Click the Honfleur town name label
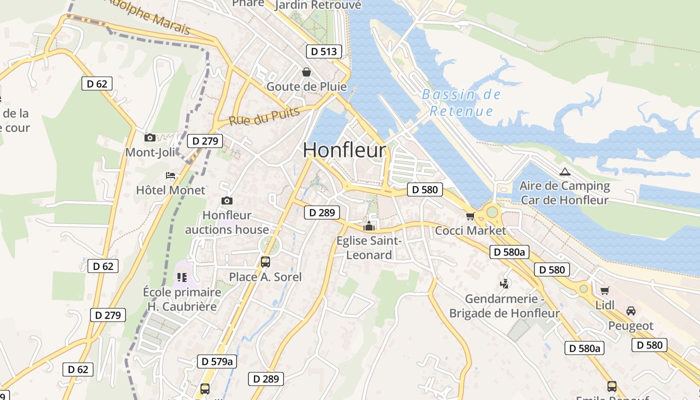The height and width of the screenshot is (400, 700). pos(344,150)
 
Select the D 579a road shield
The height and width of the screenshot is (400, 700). pos(217,361)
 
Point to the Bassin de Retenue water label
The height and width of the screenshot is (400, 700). pos(461,102)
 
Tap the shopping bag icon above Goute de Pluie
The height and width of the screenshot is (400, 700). pos(306,72)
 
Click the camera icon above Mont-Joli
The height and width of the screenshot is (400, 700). pos(149,137)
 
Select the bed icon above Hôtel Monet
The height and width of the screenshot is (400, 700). pos(170,175)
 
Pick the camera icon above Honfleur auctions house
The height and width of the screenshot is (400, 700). pos(227,200)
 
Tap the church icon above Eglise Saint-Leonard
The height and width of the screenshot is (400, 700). pos(369,226)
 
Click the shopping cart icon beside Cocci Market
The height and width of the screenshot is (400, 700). pos(469,216)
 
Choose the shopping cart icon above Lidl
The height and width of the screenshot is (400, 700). pos(604,290)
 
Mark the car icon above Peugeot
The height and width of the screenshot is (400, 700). pos(631,311)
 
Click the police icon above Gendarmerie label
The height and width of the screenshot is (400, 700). pos(504,284)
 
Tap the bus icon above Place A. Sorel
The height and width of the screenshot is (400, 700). pos(265,261)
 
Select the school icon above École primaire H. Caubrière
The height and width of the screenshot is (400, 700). pos(181,277)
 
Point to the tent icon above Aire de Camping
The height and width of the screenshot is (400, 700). pos(564,172)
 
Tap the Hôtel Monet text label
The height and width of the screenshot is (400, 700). pos(170,190)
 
